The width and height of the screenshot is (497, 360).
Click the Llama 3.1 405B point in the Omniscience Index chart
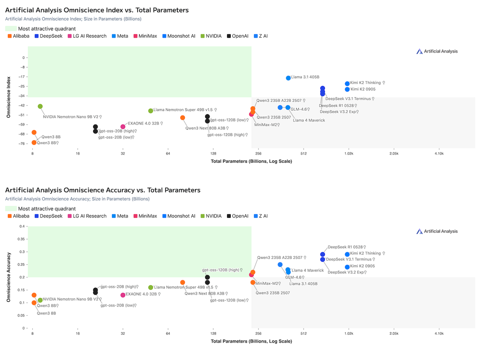(x=288, y=78)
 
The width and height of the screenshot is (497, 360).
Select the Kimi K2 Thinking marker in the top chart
(x=347, y=84)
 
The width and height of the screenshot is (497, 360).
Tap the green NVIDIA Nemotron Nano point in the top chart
(x=40, y=106)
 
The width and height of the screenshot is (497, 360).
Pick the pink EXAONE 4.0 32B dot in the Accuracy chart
(x=123, y=295)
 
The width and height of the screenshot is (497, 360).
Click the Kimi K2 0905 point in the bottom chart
(x=347, y=267)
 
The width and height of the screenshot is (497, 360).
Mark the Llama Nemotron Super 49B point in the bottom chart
(x=151, y=288)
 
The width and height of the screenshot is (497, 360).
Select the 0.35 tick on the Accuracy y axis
(x=20, y=239)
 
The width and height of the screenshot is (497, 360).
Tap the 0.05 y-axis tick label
(x=20, y=315)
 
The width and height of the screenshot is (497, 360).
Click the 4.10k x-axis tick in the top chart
(x=439, y=154)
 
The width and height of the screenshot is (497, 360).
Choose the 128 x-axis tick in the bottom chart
(x=213, y=333)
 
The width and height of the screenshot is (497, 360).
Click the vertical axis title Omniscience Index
(x=8, y=97)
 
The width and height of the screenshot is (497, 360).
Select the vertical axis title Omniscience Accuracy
(x=8, y=277)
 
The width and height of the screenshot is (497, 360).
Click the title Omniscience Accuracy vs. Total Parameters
(x=103, y=190)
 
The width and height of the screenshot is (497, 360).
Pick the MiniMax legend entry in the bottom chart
(x=145, y=216)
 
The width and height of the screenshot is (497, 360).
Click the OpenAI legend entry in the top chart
(x=237, y=36)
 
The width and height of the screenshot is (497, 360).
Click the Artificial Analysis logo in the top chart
(x=437, y=51)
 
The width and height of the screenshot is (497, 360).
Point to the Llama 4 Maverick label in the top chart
(x=309, y=120)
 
